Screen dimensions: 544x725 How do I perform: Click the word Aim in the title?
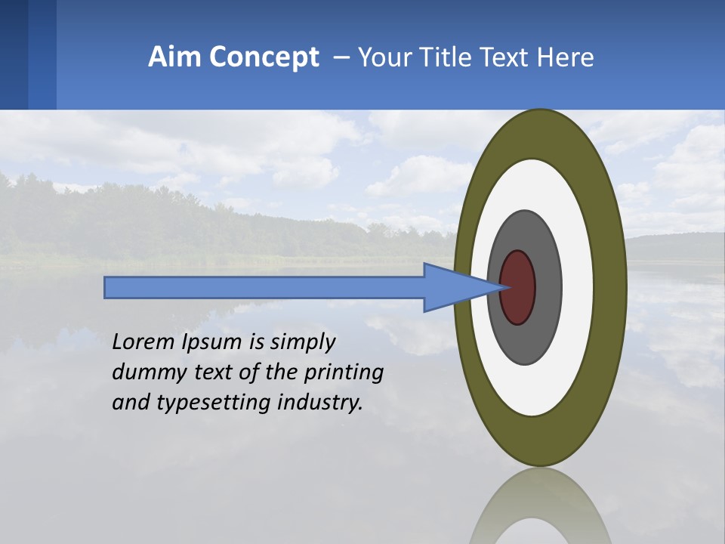point(174,57)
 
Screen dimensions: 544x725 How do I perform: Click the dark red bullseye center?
point(518,288)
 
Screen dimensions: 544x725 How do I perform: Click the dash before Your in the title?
point(341,58)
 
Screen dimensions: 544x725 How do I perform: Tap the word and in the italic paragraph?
point(129,403)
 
